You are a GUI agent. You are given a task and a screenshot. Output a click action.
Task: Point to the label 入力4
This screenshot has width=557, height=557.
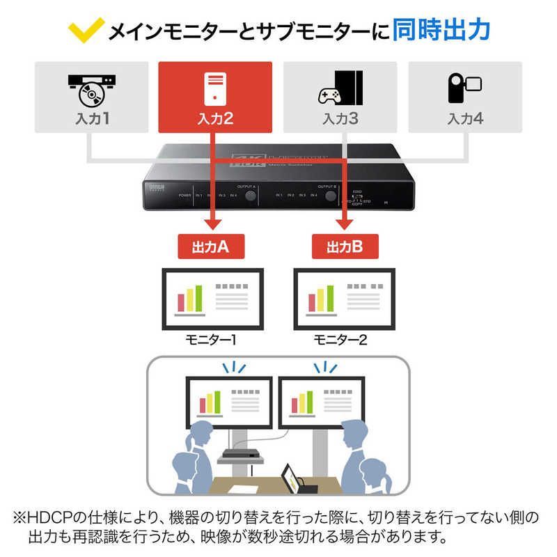tap(465, 118)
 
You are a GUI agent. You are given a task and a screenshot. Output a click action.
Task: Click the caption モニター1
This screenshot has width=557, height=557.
tap(211, 340)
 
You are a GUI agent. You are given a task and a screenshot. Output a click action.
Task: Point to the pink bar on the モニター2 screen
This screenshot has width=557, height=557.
tap(311, 302)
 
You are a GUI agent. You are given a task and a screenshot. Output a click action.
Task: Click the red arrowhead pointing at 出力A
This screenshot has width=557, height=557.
tap(210, 225)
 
